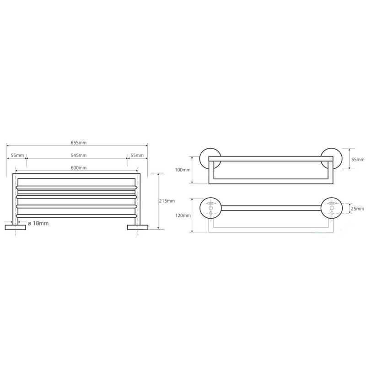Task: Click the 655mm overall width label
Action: [78, 143]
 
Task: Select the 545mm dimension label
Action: [78, 155]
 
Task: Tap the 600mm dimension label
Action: [78, 167]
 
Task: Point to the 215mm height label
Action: [167, 201]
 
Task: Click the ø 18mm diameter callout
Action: [38, 223]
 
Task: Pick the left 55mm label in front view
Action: [17, 155]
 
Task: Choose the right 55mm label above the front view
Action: [137, 155]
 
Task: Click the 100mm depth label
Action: [183, 170]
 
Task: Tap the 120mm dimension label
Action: [183, 215]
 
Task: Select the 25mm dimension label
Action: [358, 209]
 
